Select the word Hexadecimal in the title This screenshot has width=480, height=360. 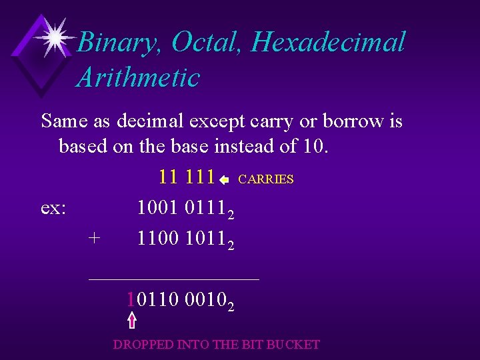pyautogui.click(x=329, y=43)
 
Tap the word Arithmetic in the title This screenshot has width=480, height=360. pyautogui.click(x=139, y=78)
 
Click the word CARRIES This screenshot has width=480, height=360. pyautogui.click(x=265, y=179)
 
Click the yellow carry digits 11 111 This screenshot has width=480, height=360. pyautogui.click(x=187, y=177)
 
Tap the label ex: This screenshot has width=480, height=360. pyautogui.click(x=53, y=208)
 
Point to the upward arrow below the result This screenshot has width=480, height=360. pyautogui.click(x=132, y=320)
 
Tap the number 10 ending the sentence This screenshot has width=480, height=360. pyautogui.click(x=310, y=146)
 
